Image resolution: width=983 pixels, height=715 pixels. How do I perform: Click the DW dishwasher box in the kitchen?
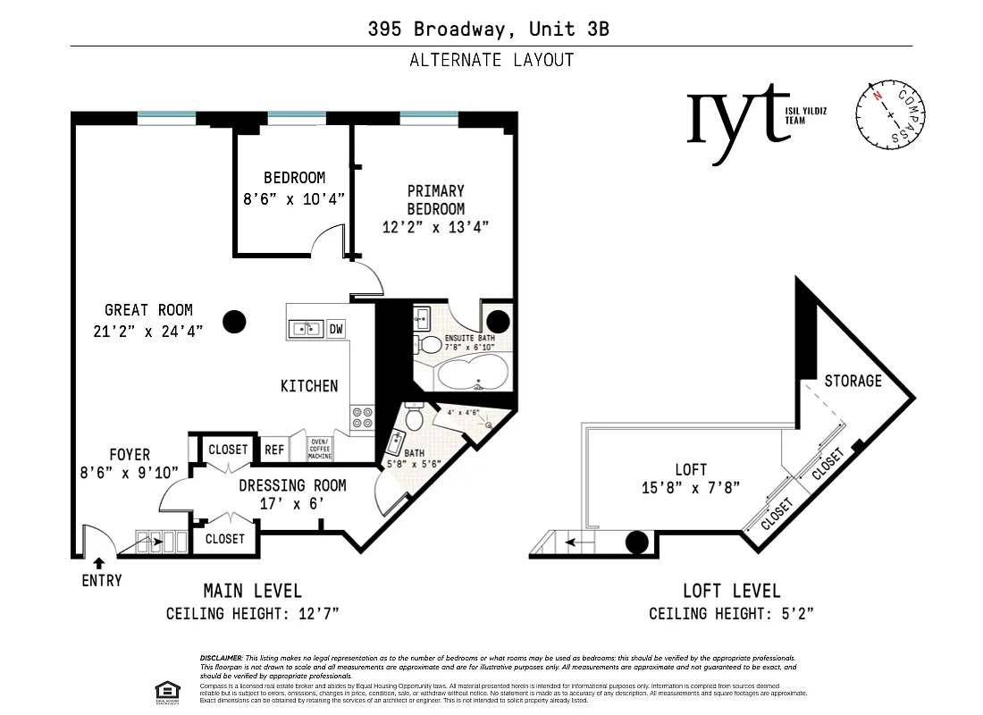point(336,329)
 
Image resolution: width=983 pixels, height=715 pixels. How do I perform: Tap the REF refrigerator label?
point(274,450)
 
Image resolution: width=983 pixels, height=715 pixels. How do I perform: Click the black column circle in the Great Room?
point(235,321)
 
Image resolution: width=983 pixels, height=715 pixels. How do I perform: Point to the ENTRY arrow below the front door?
point(97,563)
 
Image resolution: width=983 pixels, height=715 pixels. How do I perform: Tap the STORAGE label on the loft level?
point(853,381)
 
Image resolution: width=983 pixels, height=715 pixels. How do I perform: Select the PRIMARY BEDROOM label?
point(435,199)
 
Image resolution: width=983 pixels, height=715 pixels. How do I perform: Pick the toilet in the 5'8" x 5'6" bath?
point(414,416)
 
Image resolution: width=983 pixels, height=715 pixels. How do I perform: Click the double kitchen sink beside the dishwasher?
point(306,329)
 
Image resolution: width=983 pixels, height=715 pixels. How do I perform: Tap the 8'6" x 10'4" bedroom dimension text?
point(293,200)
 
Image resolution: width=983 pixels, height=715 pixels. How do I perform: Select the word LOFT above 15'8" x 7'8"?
point(691,469)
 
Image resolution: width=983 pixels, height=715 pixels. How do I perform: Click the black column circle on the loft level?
point(636,542)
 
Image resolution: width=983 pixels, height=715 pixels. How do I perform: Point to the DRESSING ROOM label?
point(292,485)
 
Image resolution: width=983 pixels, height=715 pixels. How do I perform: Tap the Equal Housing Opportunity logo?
point(165,691)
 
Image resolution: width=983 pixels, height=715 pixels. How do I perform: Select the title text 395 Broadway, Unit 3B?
point(489,29)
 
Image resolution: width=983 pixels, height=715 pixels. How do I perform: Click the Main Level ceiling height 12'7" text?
point(253,614)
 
